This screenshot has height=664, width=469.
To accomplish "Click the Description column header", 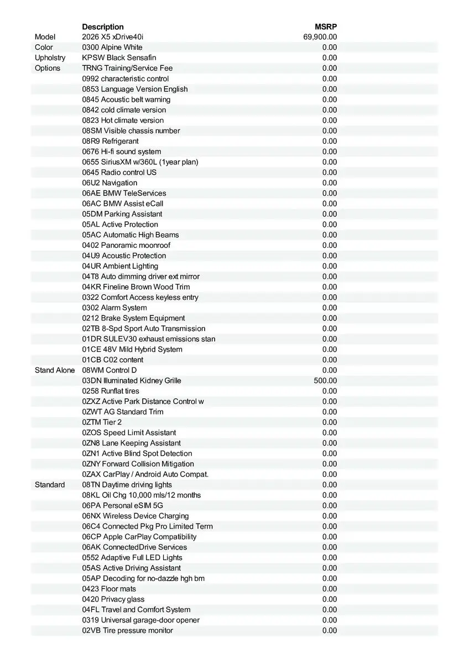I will (x=103, y=27).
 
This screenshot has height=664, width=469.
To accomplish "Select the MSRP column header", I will (x=326, y=27).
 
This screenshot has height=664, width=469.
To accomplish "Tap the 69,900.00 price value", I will (x=320, y=37).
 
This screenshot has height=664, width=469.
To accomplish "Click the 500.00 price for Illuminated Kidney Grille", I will (x=325, y=381).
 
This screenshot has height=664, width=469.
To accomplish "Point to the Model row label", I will (x=45, y=37).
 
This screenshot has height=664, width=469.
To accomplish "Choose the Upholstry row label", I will (x=50, y=58).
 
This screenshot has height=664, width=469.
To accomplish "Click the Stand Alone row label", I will (x=55, y=370).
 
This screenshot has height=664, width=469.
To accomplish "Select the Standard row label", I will (x=50, y=485).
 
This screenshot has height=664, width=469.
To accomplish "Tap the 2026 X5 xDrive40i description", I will (x=112, y=37).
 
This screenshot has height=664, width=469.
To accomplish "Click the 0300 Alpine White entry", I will (x=112, y=47).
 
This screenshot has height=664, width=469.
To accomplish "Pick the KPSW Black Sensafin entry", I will (x=119, y=58).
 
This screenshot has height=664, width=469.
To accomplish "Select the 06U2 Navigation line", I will (x=110, y=183).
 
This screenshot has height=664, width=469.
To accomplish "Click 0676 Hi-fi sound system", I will (x=122, y=152).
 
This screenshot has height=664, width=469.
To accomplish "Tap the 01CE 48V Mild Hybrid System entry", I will (x=132, y=349).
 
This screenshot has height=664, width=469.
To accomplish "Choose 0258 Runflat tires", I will (x=111, y=391).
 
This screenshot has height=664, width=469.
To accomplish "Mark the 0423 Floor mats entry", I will (x=109, y=589).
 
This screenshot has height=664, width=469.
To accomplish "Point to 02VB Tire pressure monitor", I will (x=127, y=630).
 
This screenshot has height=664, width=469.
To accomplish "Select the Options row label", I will (x=48, y=68).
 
